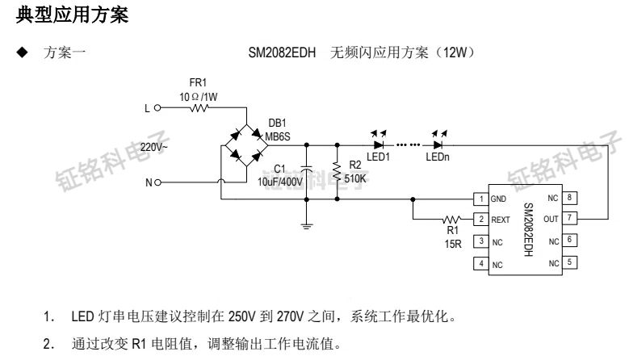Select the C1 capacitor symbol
point(307,172)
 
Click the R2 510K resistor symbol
point(336,171)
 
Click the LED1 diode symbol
point(378,145)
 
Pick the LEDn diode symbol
point(438,145)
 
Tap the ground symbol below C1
point(307,226)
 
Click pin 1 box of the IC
point(480,198)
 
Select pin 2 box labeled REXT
point(480,219)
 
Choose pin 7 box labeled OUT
point(570,218)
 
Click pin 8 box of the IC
point(570,197)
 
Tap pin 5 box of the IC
point(570,263)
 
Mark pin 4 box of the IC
point(480,264)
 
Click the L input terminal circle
point(157,107)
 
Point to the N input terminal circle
point(158,182)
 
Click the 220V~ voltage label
point(155,147)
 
